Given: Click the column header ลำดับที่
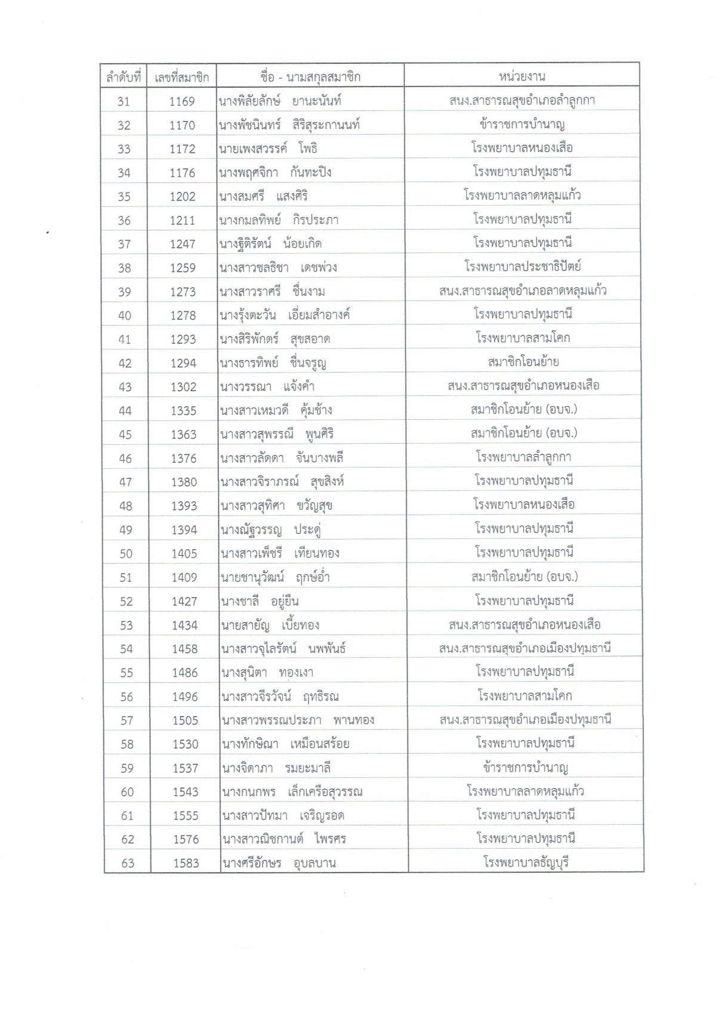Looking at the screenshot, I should coord(124,77).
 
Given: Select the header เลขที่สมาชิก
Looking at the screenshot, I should coord(181,77).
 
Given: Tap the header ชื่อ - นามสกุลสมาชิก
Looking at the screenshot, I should coord(310,77).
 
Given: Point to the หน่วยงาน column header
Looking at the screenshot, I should coord(521,76).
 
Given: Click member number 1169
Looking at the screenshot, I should coord(182,101).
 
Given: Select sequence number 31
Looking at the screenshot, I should coord(124,101).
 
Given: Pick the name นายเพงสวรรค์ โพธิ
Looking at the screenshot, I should coord(268,148).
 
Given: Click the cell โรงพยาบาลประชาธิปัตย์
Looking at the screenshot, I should coord(523,267).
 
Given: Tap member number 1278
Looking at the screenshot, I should coord(183,315).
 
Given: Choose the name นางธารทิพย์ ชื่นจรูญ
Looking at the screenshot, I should coord(273,363).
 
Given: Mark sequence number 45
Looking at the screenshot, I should coord(125,435).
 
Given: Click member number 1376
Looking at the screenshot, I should coord(183,459).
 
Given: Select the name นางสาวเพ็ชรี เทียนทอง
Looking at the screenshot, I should coord(280,553).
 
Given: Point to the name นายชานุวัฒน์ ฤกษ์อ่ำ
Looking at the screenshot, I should coord(275,577).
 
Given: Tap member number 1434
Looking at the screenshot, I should coord(184,625).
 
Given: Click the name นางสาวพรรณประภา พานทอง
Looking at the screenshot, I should coord(298,720).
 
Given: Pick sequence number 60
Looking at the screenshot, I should coord(127,792).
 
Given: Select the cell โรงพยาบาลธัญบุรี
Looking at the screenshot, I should coord(526,862).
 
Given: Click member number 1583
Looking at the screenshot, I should coord(186,864).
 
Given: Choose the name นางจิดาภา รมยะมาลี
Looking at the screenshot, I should coord(276,768).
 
